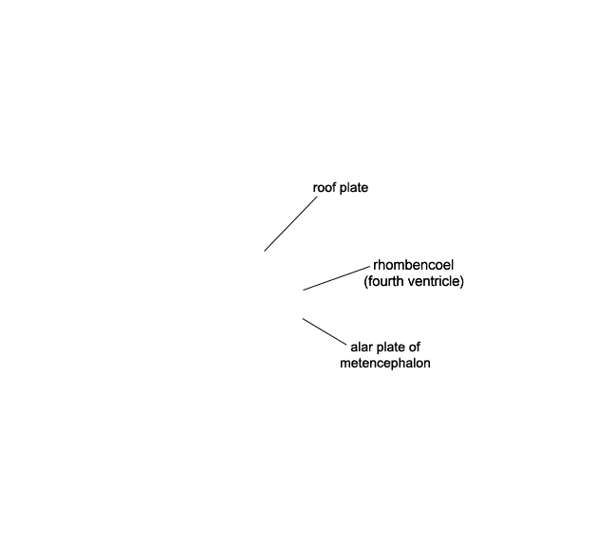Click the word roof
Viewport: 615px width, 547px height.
coord(325,188)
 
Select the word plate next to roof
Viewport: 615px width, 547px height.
coord(354,188)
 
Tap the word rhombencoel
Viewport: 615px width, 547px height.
coord(414,265)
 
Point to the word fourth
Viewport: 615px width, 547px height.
coord(385,281)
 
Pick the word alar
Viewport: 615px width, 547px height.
coord(362,347)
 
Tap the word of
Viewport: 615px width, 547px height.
coord(414,347)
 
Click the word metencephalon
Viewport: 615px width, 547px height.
coord(385,363)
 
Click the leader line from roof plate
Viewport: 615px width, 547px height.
coord(290,224)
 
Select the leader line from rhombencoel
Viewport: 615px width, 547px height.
coord(337,278)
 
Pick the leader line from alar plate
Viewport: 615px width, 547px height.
coord(325,332)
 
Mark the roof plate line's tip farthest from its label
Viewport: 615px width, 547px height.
coord(265,251)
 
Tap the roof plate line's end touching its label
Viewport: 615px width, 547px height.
coord(317,197)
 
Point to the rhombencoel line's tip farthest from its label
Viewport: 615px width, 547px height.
coord(303,290)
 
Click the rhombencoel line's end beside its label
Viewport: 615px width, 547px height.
coord(370,267)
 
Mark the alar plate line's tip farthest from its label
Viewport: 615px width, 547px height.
coord(303,319)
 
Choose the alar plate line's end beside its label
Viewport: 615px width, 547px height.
coord(346,346)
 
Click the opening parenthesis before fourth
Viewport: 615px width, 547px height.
coord(365,282)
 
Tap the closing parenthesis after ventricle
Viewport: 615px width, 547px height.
coord(462,282)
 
